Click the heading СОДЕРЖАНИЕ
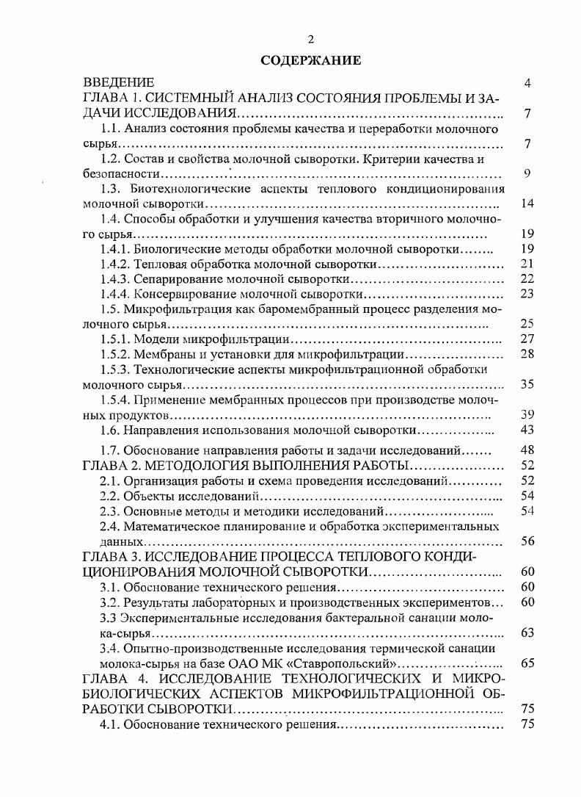311,60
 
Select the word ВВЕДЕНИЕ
118,83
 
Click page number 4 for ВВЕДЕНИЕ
527,83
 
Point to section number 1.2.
110,159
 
